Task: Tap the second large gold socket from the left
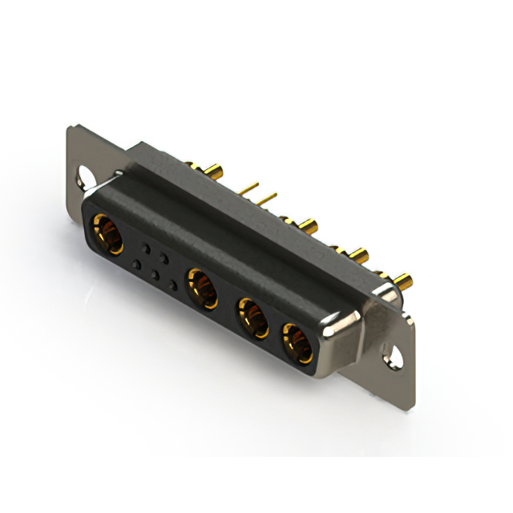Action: coord(202,289)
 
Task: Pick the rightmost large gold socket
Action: coord(296,341)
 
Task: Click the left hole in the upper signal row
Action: coord(146,245)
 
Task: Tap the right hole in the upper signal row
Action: coord(164,256)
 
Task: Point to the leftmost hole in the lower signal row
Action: coord(137,264)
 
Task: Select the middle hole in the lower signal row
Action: coord(155,274)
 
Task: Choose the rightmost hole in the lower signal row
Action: coord(172,285)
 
